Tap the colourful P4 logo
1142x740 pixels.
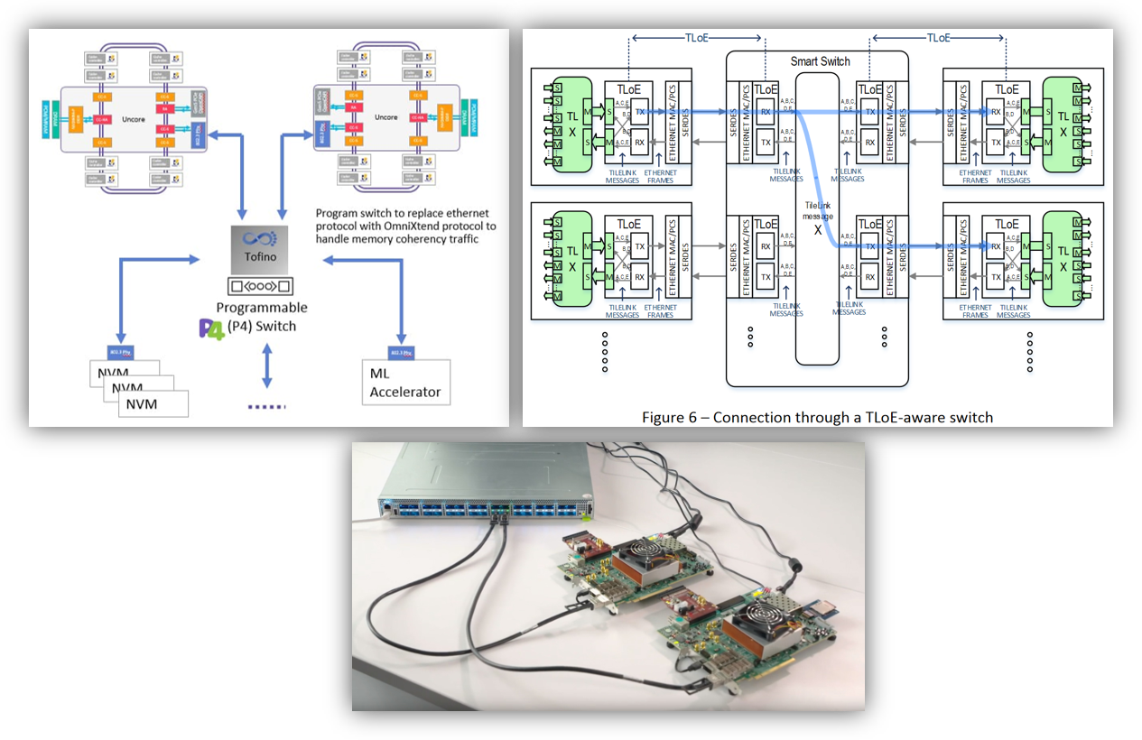[210, 328]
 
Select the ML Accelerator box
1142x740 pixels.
[406, 382]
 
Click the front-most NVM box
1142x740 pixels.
[153, 403]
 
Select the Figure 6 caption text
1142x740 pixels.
[817, 417]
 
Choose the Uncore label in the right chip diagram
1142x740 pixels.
[385, 117]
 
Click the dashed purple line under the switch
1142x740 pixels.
[265, 406]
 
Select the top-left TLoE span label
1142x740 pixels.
[697, 38]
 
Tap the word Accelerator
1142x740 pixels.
[405, 392]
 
